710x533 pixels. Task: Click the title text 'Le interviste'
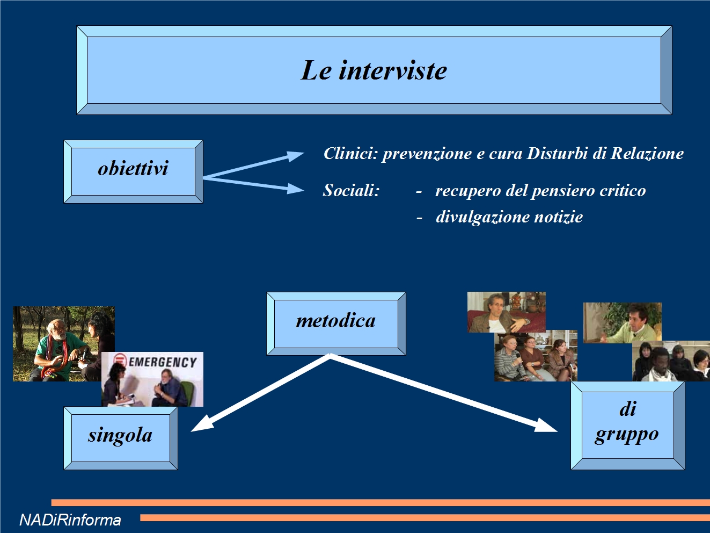[x=374, y=70]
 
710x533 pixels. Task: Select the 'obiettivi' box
[x=133, y=171]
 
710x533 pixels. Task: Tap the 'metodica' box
[x=336, y=324]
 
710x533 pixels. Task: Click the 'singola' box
[x=121, y=438]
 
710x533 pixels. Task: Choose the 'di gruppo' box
[x=627, y=426]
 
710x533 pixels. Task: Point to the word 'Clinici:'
[x=350, y=153]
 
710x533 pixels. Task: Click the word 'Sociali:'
[x=351, y=190]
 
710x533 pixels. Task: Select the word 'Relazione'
[x=647, y=153]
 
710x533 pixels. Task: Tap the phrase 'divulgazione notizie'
[x=509, y=217]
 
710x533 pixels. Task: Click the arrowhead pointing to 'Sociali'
[x=296, y=189]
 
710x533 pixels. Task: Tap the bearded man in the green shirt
[x=55, y=350]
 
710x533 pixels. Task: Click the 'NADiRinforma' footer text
[x=70, y=520]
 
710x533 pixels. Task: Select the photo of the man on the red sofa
[x=507, y=312]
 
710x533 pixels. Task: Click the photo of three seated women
[x=536, y=356]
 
